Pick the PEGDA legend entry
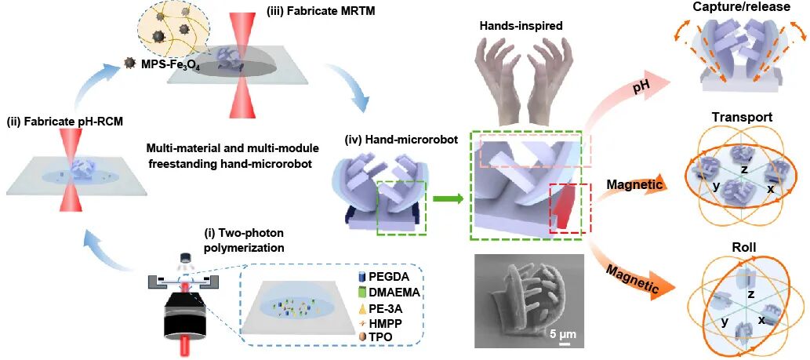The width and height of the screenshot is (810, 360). coord(387,278)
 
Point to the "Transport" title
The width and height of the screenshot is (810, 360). coord(741,118)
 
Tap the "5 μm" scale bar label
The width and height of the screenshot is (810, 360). coord(562,335)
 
